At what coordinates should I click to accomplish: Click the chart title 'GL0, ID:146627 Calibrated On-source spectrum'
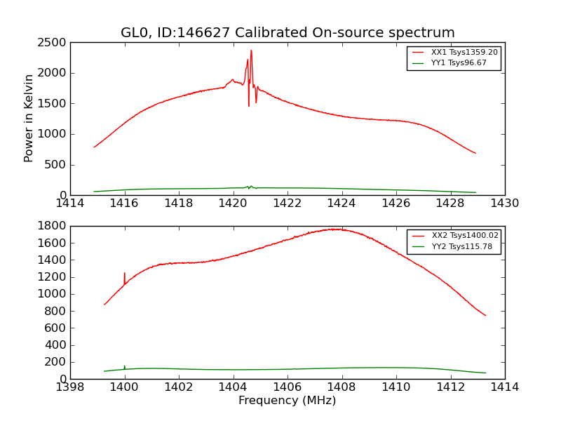[x=288, y=33]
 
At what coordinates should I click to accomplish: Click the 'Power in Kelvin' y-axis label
[x=29, y=118]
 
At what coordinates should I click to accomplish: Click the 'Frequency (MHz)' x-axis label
[x=288, y=401]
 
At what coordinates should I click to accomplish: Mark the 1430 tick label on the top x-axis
[x=504, y=203]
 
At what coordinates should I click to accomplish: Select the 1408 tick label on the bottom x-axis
[x=342, y=387]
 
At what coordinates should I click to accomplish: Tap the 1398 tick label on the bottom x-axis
[x=70, y=387]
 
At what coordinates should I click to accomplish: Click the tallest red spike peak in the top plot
[x=251, y=51]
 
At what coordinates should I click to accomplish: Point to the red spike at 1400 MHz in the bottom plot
[x=125, y=273]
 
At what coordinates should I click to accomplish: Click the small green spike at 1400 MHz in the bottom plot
[x=125, y=366]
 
